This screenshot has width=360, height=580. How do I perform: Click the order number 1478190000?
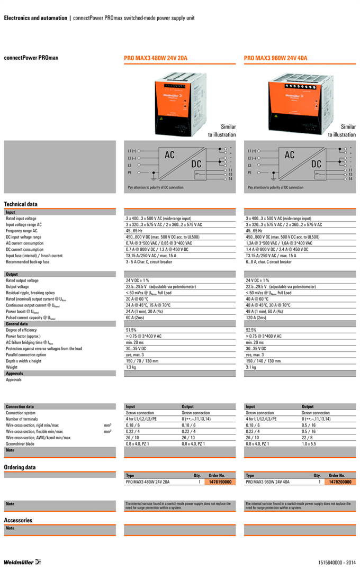[x=220, y=482]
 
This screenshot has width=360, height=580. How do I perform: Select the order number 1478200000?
[x=340, y=482]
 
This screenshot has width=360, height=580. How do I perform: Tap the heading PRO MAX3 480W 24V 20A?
[x=156, y=58]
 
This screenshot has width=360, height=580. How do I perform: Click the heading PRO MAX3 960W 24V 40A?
[x=275, y=58]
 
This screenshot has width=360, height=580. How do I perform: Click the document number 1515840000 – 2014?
[x=337, y=561]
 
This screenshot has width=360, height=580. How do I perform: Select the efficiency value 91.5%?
[x=131, y=330]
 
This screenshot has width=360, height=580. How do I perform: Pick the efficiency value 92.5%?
[x=251, y=330]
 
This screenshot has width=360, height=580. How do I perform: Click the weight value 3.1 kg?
[x=251, y=367]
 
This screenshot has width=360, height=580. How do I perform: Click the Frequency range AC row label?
[x=22, y=231]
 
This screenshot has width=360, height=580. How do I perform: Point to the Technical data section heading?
[x=21, y=204]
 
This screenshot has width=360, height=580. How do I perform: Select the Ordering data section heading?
[x=20, y=467]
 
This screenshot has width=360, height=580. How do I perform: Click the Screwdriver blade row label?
[x=20, y=443]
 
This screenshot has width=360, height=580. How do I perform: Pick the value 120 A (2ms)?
[x=256, y=318]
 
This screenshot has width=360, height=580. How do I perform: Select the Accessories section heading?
[x=18, y=520]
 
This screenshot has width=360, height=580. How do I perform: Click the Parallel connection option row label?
[x=26, y=355]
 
